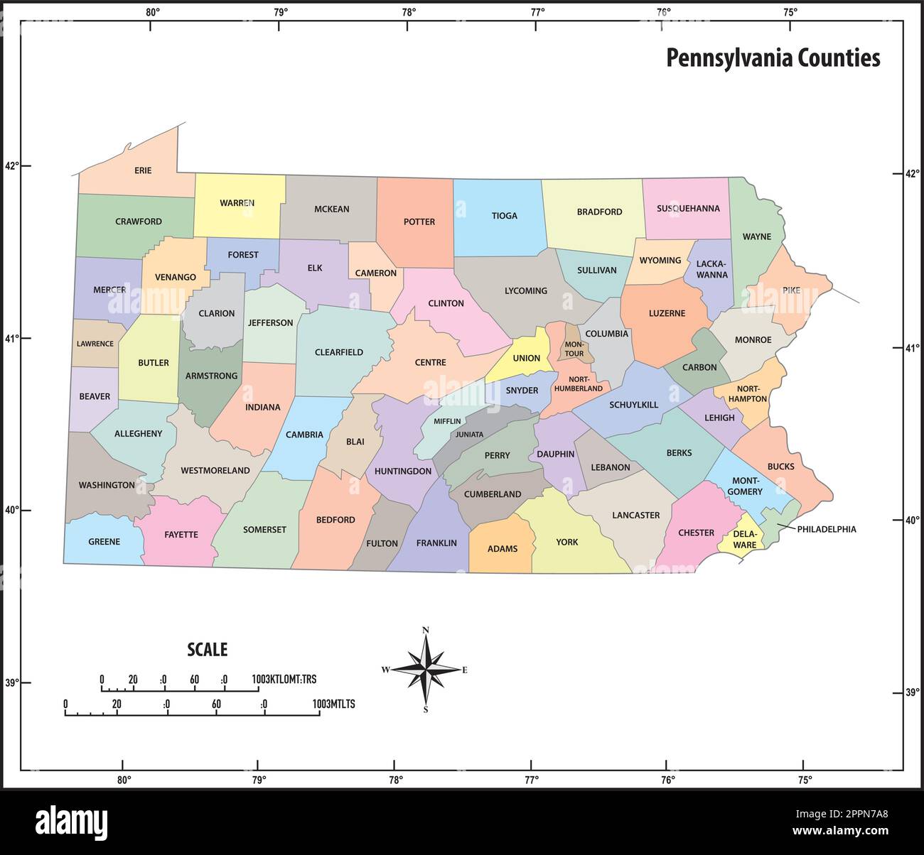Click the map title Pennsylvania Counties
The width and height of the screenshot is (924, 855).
click(773, 58)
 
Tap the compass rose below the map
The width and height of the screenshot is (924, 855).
click(426, 669)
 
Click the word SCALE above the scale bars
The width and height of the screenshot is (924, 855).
click(207, 649)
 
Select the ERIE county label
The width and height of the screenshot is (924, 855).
click(143, 170)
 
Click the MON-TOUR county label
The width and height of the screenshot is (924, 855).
click(574, 349)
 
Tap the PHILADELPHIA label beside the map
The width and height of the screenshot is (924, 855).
click(826, 529)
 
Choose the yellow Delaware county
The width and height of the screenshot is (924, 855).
click(744, 540)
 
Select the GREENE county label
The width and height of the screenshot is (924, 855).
click(104, 542)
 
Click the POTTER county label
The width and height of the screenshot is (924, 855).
click(419, 222)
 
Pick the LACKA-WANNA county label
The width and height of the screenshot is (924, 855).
click(711, 269)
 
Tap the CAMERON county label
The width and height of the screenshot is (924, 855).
click(375, 273)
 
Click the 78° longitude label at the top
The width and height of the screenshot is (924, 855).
click(409, 12)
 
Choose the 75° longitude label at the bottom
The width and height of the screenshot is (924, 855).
click(803, 780)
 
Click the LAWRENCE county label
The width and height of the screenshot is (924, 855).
click(95, 344)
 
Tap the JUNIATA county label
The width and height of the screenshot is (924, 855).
click(469, 435)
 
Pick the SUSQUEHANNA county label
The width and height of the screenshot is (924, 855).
click(688, 209)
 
